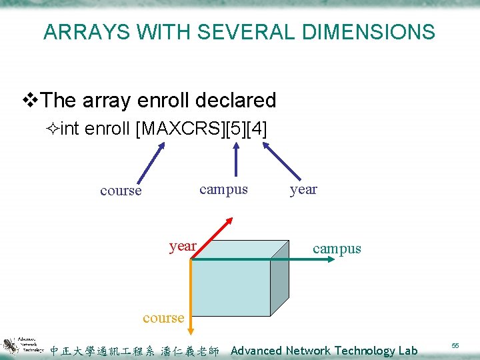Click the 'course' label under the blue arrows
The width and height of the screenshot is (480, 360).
click(121, 191)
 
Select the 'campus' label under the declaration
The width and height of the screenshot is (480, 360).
click(223, 189)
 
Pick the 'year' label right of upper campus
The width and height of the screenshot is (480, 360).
click(303, 189)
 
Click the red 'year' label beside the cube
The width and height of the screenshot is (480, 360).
click(183, 246)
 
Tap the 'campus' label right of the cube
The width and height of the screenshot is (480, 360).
click(337, 249)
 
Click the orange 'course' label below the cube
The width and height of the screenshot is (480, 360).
click(163, 318)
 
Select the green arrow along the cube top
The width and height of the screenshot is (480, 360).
click(267, 259)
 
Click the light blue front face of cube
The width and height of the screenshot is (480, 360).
click(230, 287)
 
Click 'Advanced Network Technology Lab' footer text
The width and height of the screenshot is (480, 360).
click(324, 351)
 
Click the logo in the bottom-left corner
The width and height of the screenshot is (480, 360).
click(23, 343)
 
